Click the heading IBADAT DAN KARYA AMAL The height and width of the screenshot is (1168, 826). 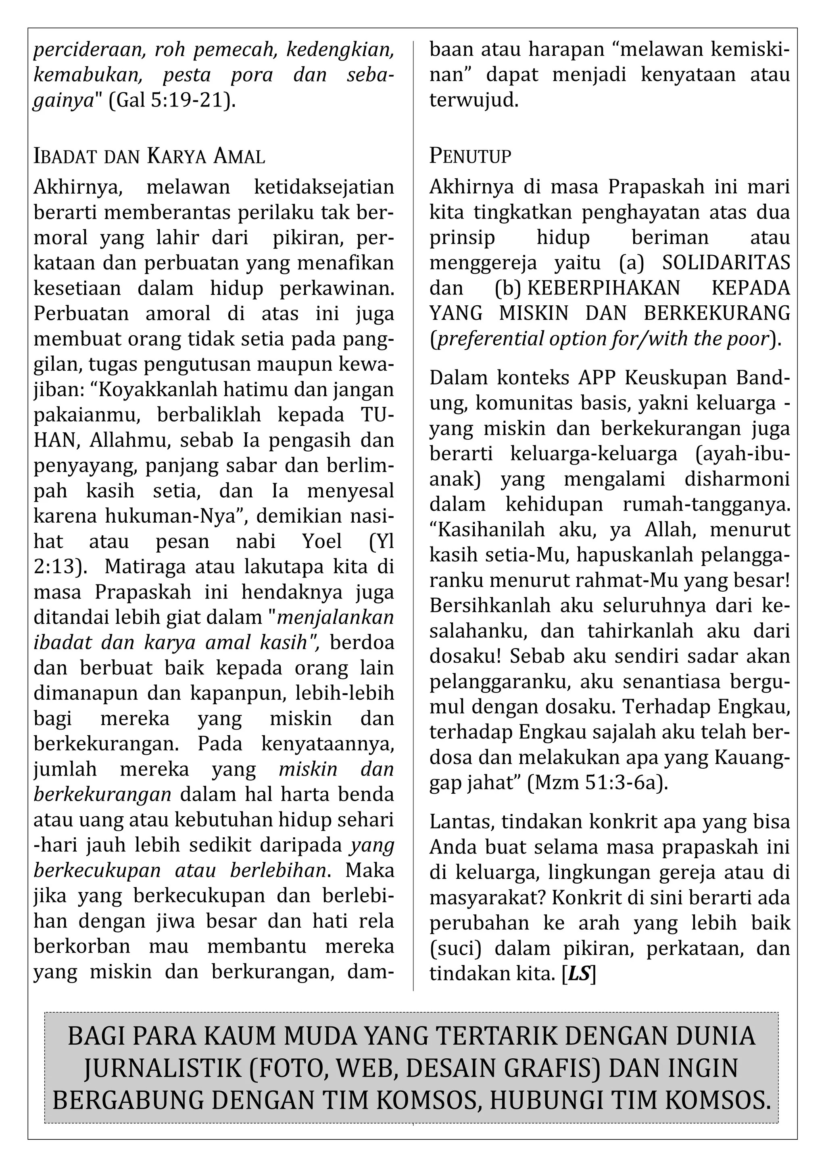tap(149, 156)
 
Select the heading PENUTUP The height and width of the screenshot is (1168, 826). tap(470, 156)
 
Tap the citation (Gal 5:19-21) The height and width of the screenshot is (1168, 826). tap(173, 100)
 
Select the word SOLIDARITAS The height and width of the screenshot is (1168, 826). tap(726, 263)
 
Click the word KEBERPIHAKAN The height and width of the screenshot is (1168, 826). tap(604, 288)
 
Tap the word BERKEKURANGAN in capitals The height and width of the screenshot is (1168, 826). tap(717, 313)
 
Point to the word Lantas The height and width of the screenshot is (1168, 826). tap(462, 822)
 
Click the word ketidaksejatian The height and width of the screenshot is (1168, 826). tap(323, 187)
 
